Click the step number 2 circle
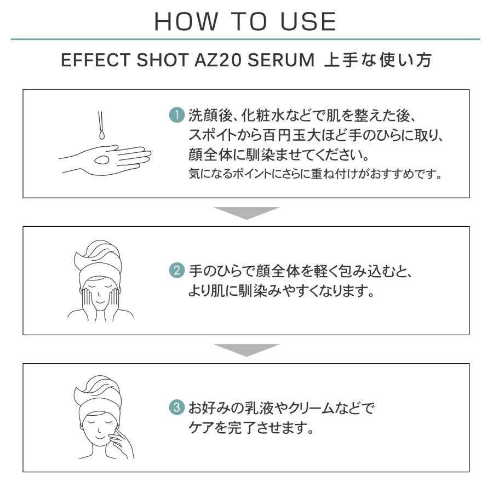pos(177,271)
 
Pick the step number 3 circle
pos(177,409)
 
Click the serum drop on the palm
pos(102,159)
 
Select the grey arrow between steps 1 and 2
pos(246,213)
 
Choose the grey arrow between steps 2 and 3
pos(246,349)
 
